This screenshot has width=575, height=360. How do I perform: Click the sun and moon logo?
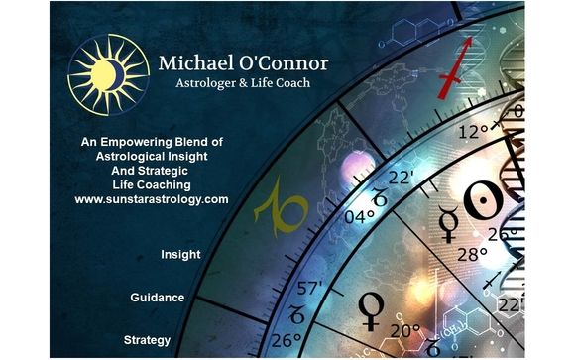tap(103, 74)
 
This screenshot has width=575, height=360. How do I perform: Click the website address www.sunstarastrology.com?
tap(152, 199)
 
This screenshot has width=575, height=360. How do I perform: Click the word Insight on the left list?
tap(180, 255)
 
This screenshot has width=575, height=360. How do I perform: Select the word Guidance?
tap(159, 298)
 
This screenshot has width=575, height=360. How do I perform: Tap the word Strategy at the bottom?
tap(148, 340)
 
